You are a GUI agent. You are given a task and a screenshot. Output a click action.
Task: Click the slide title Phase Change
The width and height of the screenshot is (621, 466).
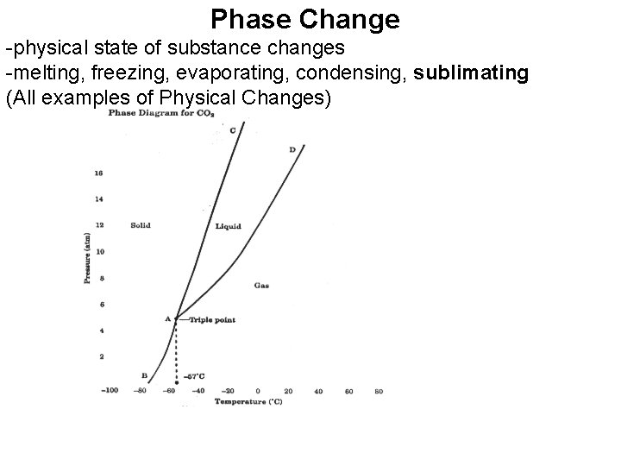tap(305, 18)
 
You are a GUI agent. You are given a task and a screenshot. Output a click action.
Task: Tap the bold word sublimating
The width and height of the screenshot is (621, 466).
tap(471, 73)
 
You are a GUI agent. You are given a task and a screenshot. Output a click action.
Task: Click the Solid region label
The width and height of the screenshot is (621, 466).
tap(140, 225)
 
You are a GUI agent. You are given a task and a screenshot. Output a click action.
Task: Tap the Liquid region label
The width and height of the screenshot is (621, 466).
tap(228, 226)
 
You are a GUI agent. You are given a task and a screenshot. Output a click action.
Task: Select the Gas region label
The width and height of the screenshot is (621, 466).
tap(261, 285)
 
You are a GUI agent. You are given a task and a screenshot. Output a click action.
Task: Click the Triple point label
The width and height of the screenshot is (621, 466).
tap(212, 319)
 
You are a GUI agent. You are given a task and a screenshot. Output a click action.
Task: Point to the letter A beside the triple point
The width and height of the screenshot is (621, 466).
tap(167, 318)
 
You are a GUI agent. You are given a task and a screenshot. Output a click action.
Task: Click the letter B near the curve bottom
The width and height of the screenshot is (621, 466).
tap(143, 375)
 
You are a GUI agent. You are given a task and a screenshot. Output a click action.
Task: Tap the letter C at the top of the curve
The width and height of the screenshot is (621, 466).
tap(233, 130)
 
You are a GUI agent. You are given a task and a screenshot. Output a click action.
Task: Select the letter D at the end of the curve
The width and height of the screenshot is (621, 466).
tap(292, 150)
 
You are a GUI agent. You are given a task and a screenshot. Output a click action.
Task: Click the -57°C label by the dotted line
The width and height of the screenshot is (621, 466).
tap(195, 376)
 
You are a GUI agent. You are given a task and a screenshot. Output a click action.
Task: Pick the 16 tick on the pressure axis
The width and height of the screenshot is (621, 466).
tap(98, 173)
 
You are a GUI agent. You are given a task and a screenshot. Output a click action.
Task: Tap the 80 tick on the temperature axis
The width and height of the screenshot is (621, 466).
tap(378, 391)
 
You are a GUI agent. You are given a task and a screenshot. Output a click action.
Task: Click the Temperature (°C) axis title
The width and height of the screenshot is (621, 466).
tap(248, 401)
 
